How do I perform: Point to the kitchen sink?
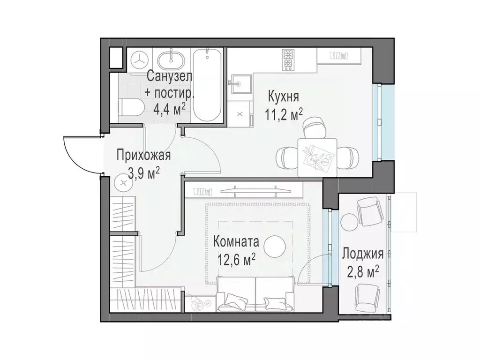(x=239, y=84)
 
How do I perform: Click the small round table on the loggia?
(x=349, y=221)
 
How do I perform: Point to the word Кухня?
(x=283, y=97)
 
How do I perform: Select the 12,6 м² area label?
(x=236, y=259)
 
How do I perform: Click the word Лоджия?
(x=363, y=255)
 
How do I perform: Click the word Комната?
(x=236, y=242)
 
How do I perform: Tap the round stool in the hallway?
(x=123, y=182)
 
